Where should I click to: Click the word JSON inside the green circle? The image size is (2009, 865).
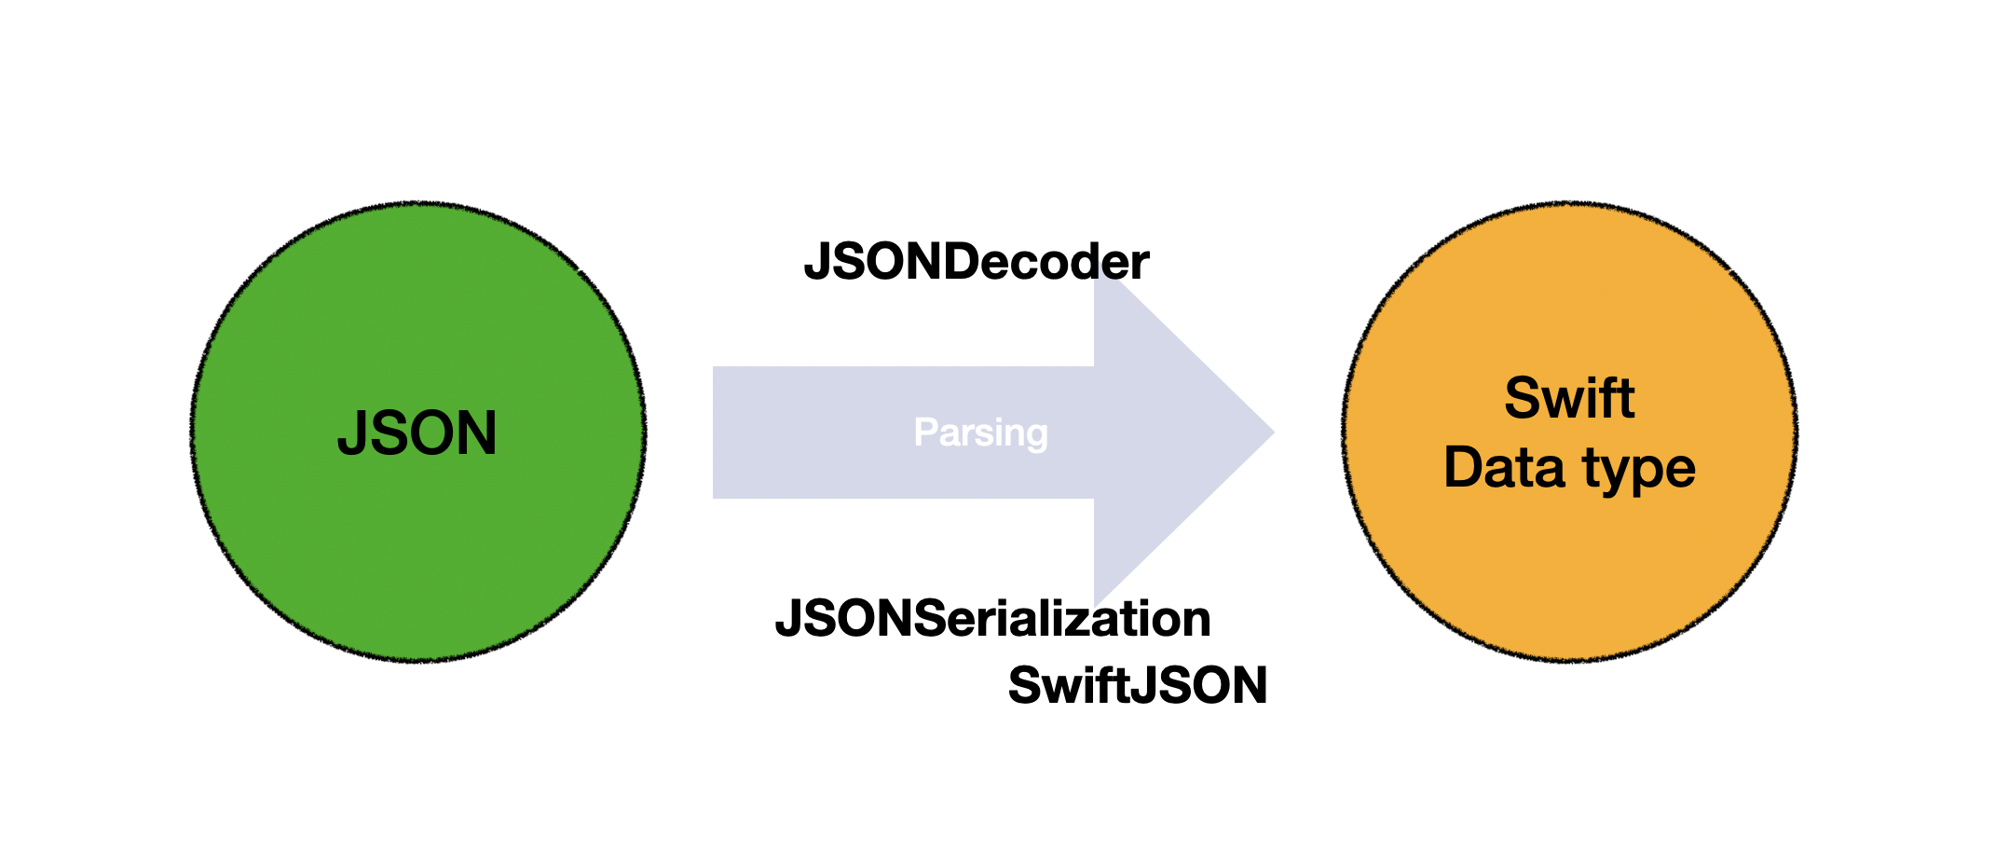click(x=417, y=433)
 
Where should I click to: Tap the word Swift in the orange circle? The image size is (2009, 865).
click(x=1569, y=398)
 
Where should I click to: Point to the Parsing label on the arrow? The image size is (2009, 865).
click(x=980, y=432)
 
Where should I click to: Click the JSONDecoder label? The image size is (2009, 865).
click(x=976, y=262)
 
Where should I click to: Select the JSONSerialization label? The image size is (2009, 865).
click(x=992, y=618)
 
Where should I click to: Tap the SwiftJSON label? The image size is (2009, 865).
click(x=1137, y=686)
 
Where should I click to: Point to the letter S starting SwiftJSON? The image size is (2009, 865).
click(x=1026, y=686)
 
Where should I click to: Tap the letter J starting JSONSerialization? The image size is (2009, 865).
click(x=789, y=618)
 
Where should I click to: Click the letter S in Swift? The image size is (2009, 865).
click(x=1523, y=398)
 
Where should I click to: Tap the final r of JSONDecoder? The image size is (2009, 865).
click(x=1141, y=264)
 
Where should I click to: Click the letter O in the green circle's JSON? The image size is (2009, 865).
click(x=435, y=433)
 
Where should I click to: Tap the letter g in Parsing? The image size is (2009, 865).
click(x=1036, y=436)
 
